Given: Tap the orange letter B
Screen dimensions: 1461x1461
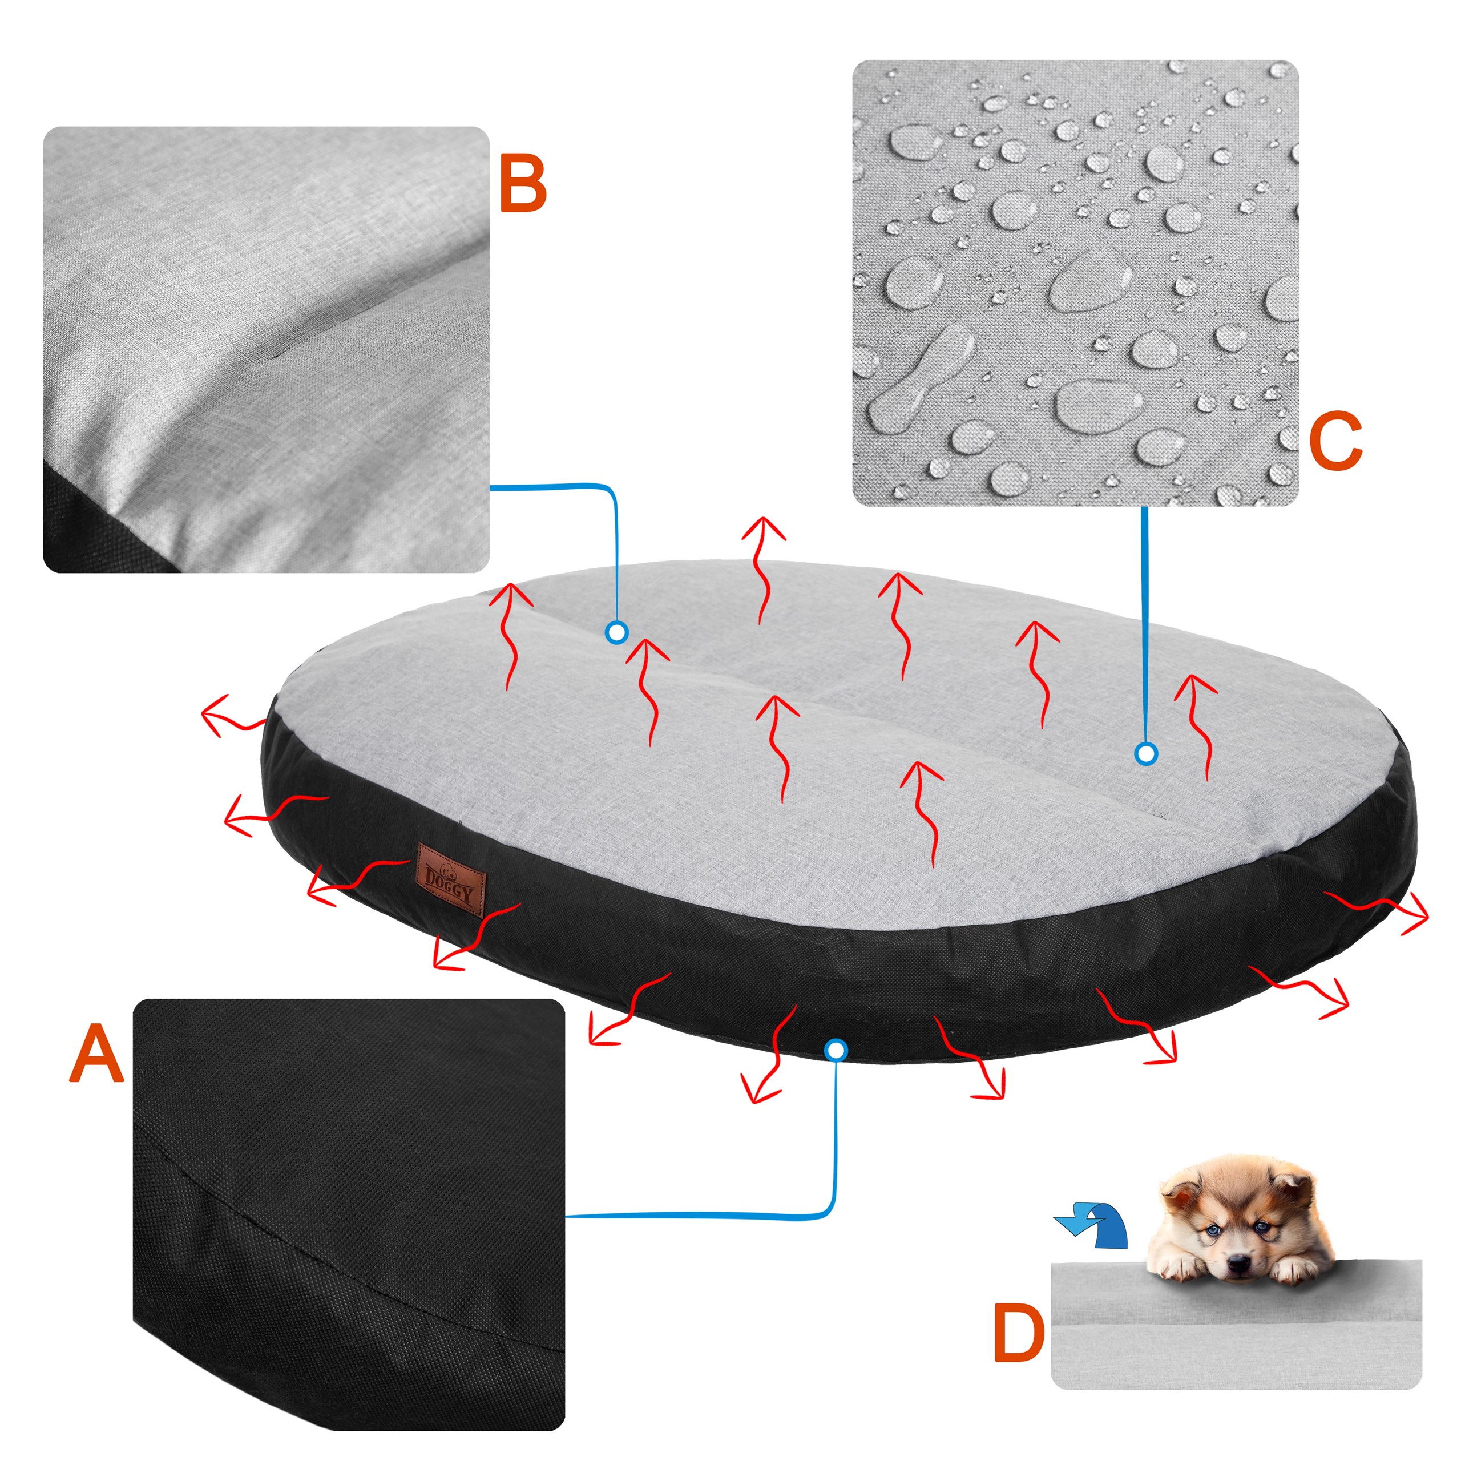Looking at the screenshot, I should (523, 186).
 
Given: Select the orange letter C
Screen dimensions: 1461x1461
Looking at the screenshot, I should (1335, 442).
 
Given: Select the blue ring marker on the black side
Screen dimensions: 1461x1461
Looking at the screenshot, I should (836, 1050).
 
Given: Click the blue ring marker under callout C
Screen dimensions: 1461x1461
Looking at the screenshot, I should (1147, 753).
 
